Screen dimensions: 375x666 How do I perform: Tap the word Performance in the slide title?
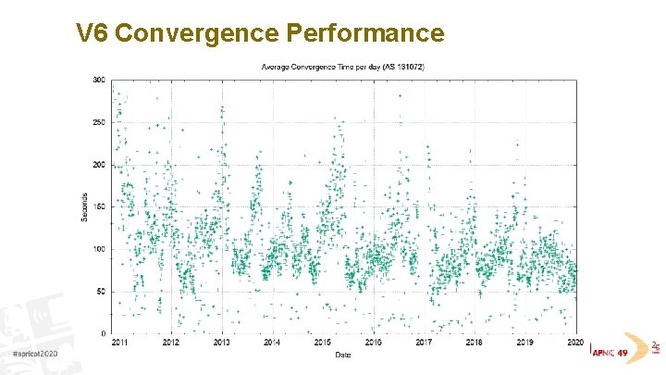365,34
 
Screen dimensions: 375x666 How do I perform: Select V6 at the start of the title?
93,34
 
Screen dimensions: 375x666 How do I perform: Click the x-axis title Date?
343,354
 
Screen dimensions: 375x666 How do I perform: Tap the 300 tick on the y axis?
98,80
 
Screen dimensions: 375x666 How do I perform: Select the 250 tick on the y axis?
98,122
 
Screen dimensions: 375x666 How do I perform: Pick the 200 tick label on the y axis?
98,165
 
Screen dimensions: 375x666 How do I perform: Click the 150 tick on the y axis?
98,206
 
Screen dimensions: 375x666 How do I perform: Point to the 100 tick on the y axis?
98,249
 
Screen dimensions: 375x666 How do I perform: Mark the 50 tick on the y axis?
100,292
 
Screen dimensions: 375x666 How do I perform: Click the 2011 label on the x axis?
120,343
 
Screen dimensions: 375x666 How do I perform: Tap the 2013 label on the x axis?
221,343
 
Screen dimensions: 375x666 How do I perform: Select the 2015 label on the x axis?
322,343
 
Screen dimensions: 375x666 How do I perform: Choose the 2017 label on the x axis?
423,343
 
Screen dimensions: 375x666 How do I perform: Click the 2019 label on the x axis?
524,343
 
